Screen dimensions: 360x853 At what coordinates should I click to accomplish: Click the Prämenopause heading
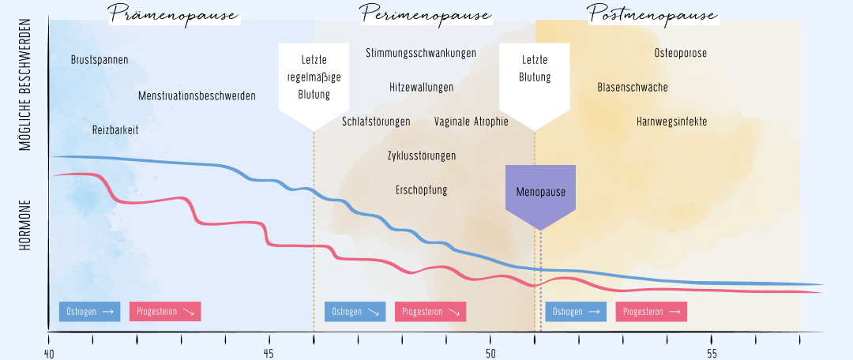(x=174, y=14)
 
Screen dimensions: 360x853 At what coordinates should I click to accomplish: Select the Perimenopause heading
(x=426, y=14)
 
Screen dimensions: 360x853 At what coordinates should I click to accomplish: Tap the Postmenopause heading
(x=652, y=14)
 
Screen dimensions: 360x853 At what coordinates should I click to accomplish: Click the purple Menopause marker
(x=540, y=192)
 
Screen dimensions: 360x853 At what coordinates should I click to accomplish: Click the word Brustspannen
(x=100, y=60)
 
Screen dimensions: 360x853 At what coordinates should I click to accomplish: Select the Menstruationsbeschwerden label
(x=197, y=96)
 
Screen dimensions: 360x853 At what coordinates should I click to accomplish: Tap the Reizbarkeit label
(x=115, y=130)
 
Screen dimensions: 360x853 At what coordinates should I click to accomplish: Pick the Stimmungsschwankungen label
(x=421, y=53)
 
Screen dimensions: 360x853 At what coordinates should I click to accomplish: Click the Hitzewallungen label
(x=421, y=87)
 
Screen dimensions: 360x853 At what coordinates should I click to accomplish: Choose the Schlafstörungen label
(x=376, y=122)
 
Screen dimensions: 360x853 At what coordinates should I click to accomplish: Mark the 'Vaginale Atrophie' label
(x=472, y=122)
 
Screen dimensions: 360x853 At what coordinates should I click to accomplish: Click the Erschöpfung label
(x=422, y=190)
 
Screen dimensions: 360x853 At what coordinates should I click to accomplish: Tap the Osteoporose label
(x=681, y=53)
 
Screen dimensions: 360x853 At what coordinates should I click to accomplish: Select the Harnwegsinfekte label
(x=671, y=122)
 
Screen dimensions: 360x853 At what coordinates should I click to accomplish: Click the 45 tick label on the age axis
(x=269, y=352)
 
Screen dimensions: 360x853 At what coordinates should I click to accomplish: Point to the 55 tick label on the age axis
(x=712, y=352)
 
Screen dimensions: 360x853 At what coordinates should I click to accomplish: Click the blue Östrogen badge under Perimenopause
(x=355, y=311)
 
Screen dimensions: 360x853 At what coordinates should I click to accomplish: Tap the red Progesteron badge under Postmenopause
(x=652, y=311)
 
